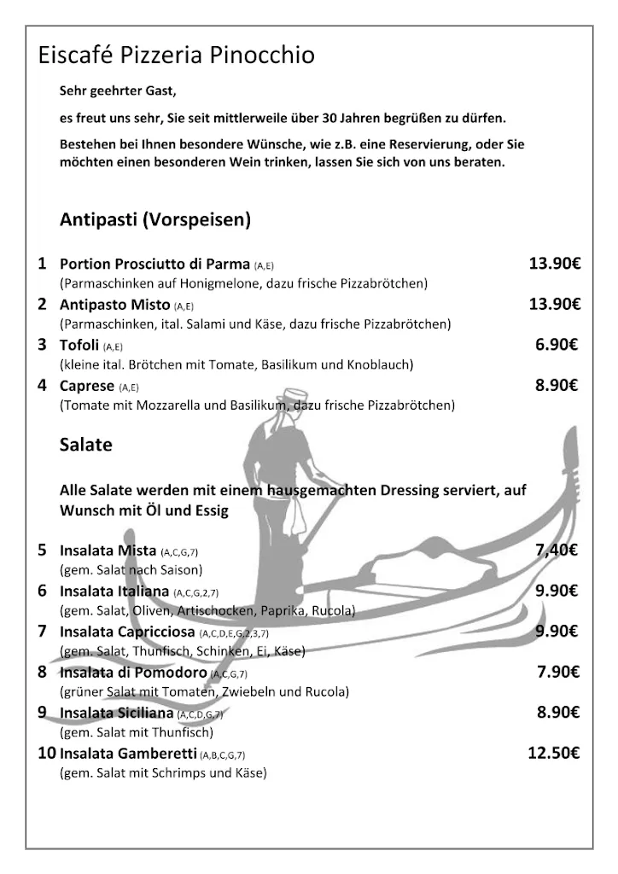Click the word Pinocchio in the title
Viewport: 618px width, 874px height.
point(268,56)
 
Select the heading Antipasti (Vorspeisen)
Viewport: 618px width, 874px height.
point(154,220)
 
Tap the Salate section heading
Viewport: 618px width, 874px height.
point(85,445)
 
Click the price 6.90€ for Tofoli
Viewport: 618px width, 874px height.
point(557,345)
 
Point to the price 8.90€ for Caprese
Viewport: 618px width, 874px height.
point(557,386)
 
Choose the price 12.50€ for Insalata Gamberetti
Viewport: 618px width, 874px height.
point(553,754)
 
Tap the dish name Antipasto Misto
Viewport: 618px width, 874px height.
point(114,305)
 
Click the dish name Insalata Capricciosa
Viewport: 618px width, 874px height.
point(127,632)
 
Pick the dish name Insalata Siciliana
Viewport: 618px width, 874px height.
point(117,713)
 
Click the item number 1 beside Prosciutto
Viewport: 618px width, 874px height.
point(42,264)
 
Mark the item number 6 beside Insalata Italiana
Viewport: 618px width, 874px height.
point(42,591)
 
